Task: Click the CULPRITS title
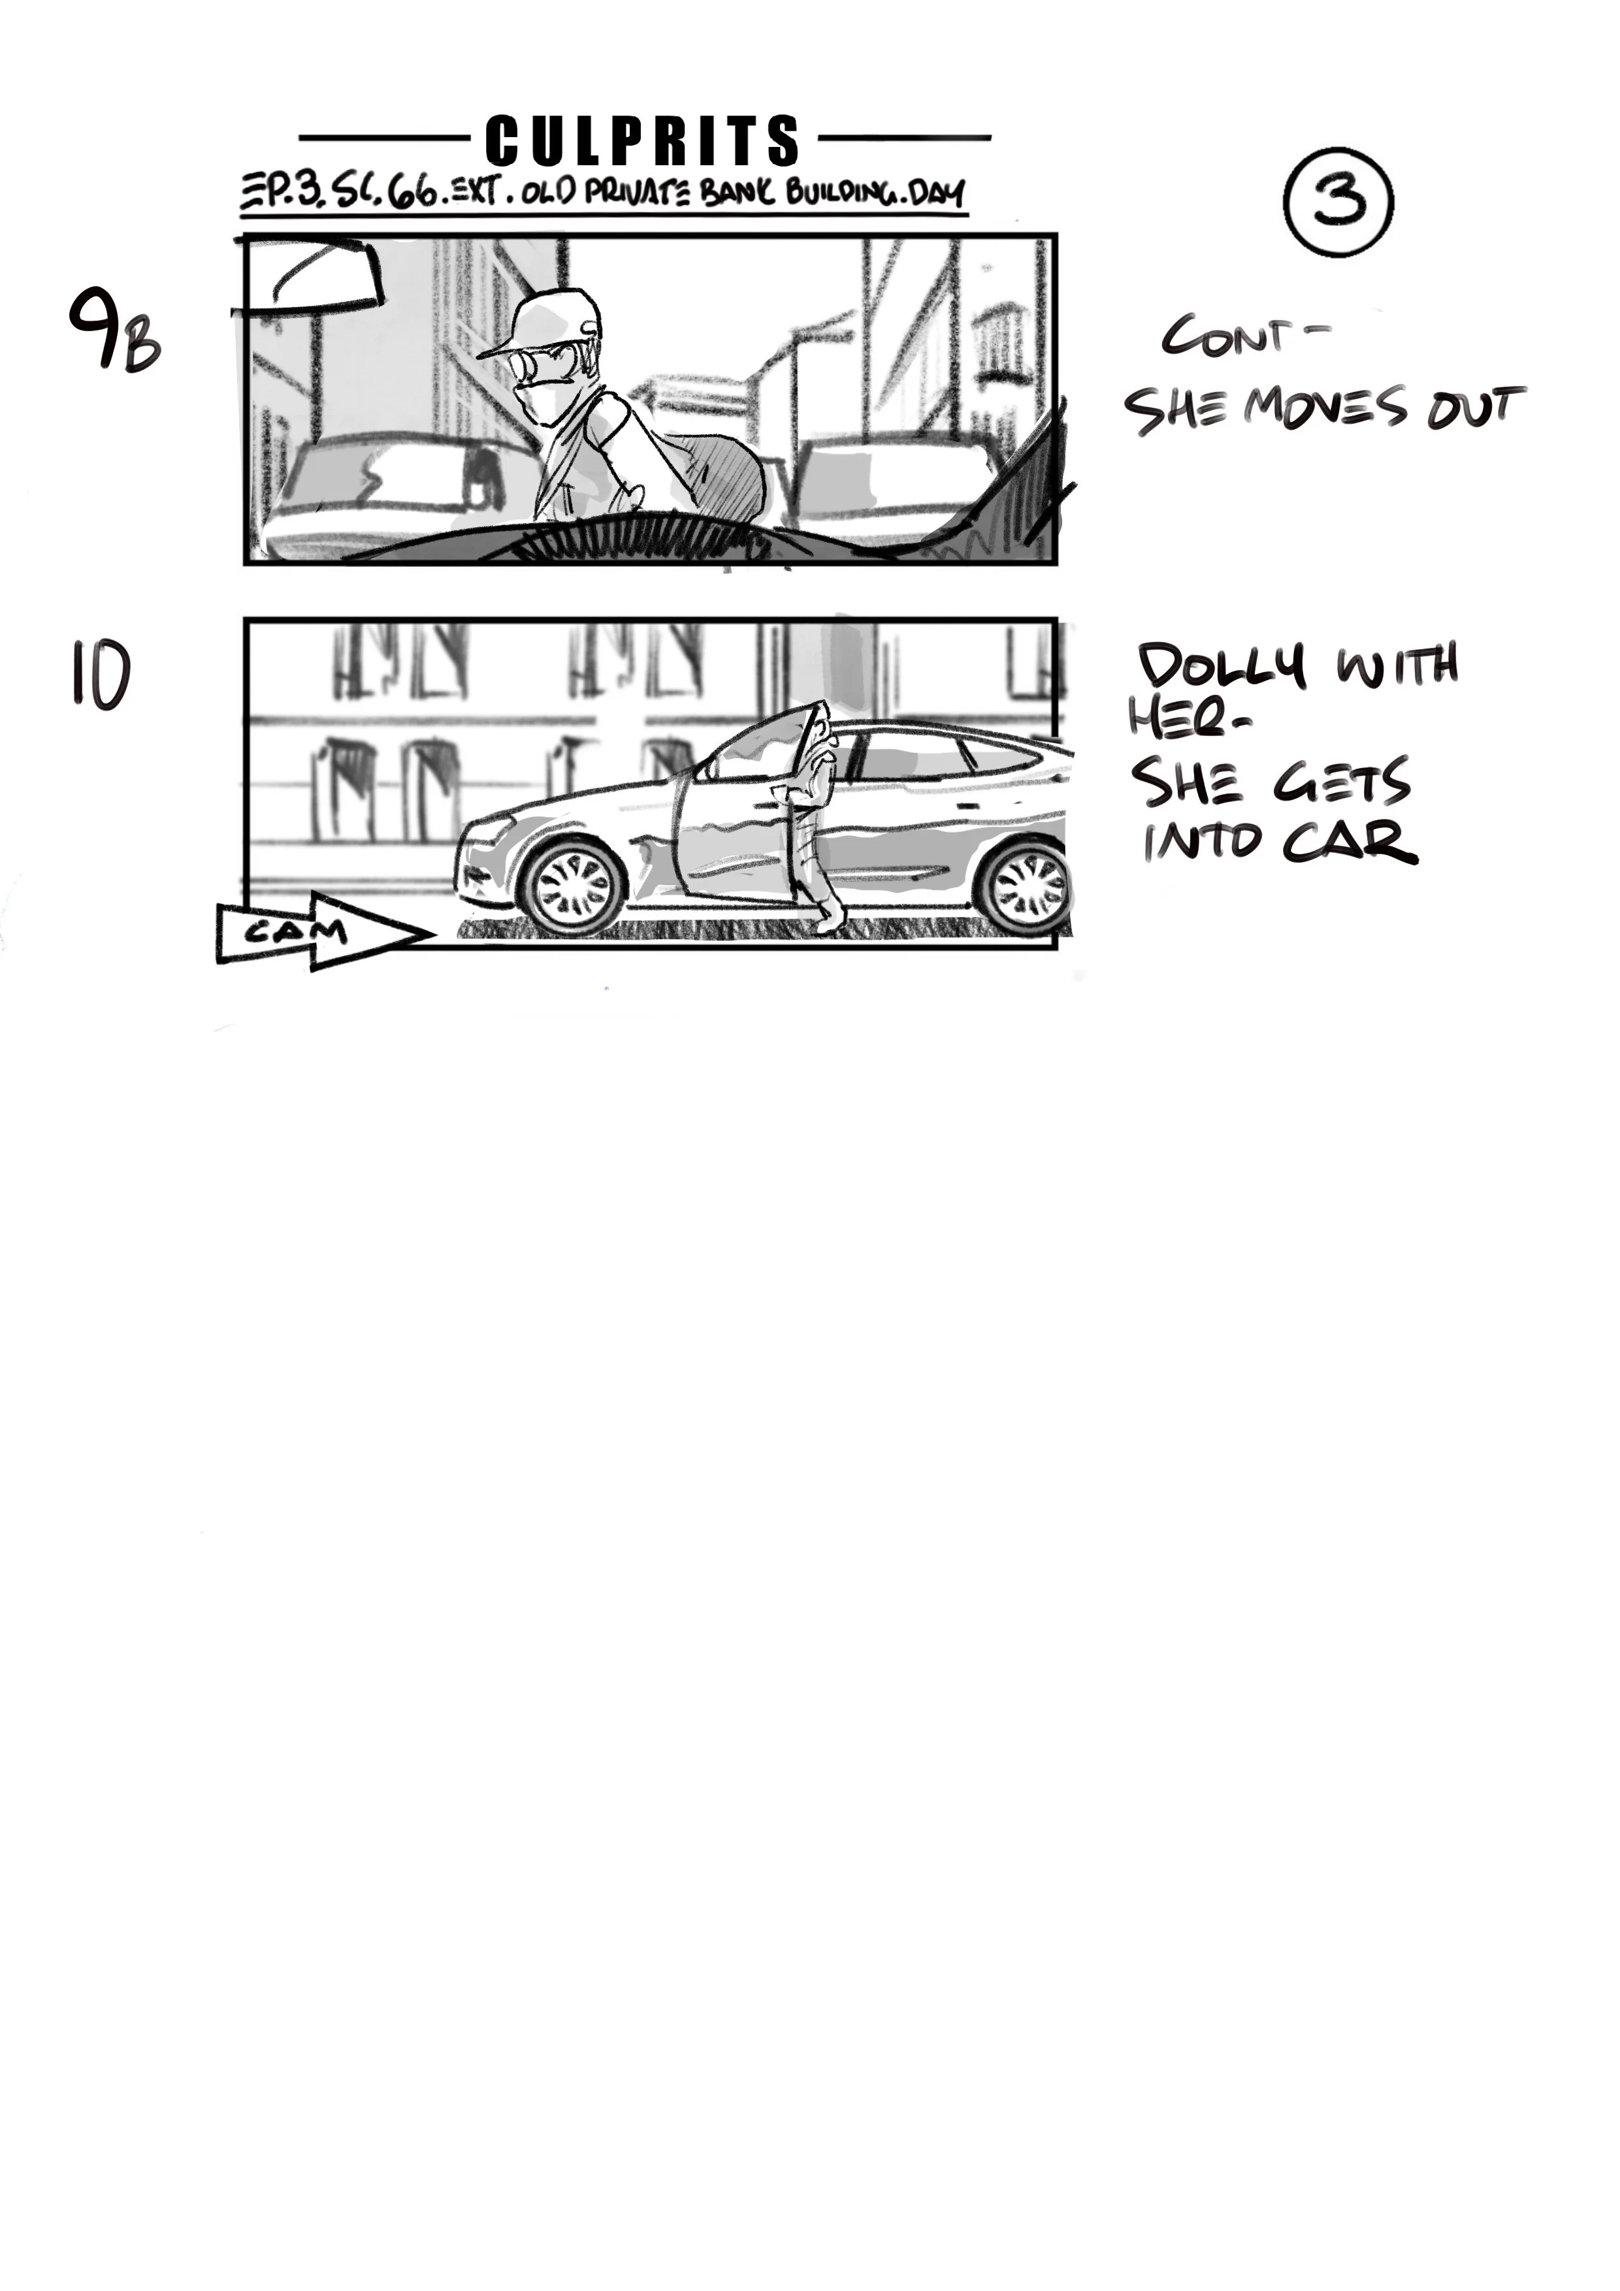643,140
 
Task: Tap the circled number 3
1338,200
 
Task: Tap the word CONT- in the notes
1238,336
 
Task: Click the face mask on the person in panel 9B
539,401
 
